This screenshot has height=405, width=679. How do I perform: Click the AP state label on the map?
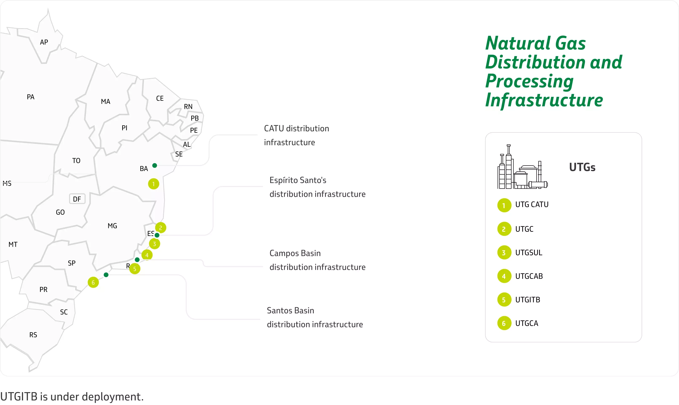click(x=44, y=42)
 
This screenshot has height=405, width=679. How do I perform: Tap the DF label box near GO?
click(x=77, y=199)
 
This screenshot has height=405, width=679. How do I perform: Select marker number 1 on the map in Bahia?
click(x=153, y=184)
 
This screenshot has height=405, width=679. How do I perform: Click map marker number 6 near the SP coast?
click(x=93, y=282)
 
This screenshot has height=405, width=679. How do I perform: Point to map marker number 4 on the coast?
click(x=147, y=255)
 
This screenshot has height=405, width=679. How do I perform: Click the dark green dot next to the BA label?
click(x=154, y=165)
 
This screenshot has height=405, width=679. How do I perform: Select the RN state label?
click(x=188, y=107)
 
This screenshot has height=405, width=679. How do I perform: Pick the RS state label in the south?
click(x=33, y=335)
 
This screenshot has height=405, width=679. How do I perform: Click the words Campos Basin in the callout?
click(x=295, y=253)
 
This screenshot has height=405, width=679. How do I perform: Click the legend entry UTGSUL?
click(x=529, y=253)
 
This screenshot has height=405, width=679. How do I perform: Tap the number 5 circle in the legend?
click(x=504, y=300)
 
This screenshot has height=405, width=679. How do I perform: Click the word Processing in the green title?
click(x=529, y=81)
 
